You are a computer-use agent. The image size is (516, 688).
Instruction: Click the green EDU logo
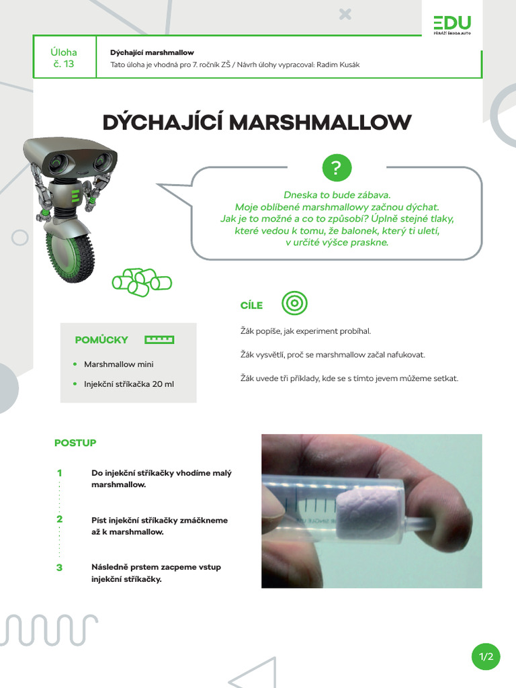click(452, 24)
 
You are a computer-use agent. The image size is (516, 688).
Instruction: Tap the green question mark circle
click(337, 168)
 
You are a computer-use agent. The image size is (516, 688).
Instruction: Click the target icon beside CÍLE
click(294, 304)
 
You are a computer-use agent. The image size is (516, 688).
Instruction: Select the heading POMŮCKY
click(101, 340)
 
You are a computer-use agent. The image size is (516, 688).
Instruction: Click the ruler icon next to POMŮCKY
click(159, 340)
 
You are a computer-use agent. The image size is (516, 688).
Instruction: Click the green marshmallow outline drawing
click(142, 281)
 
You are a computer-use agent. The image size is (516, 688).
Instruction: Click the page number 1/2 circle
click(486, 656)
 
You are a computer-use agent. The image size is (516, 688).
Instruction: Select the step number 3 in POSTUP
click(59, 567)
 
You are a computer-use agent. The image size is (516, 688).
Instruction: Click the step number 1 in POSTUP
click(59, 473)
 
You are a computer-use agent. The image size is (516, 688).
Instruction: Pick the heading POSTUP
click(75, 443)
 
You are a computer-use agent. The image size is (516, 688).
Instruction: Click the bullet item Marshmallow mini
click(118, 364)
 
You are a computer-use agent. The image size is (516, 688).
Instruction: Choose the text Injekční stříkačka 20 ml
click(129, 384)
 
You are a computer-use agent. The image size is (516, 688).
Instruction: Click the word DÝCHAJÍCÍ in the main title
click(162, 123)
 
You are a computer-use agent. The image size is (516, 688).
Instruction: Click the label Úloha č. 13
click(64, 58)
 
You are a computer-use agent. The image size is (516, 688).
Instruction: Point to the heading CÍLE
click(251, 306)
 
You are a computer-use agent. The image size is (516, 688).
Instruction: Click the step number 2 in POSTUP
click(59, 519)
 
